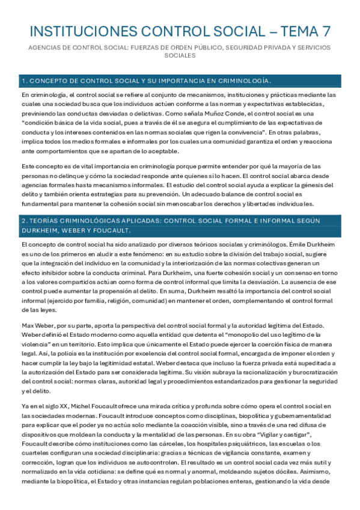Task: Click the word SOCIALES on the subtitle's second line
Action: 180,55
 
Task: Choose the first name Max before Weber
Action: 28,325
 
